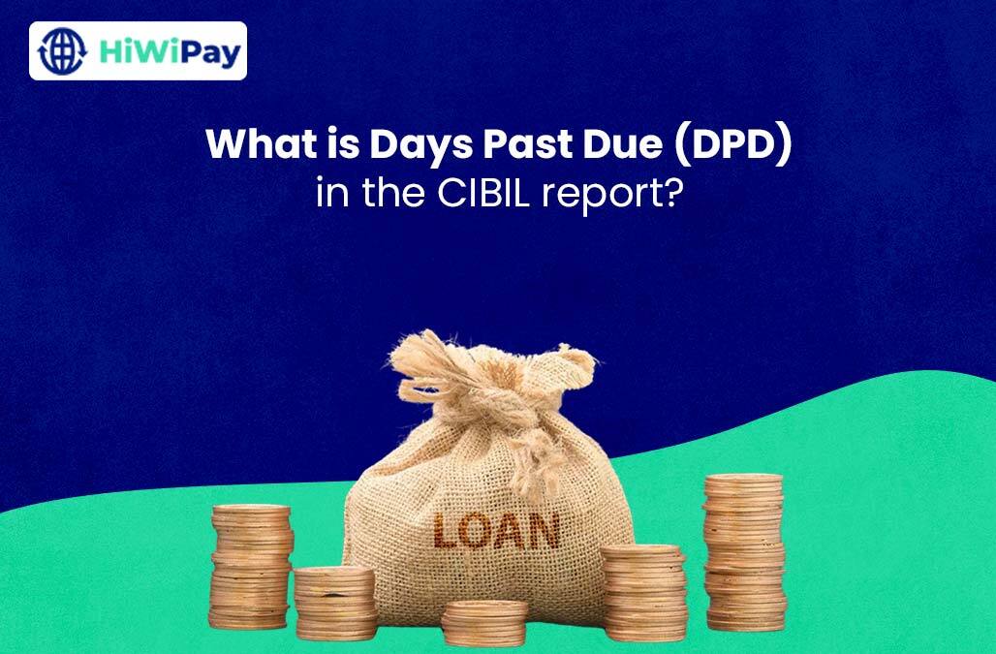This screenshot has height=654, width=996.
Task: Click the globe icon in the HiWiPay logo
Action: [63, 51]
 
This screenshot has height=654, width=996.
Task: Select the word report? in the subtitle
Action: [617, 194]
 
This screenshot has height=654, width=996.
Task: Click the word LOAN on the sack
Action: [497, 530]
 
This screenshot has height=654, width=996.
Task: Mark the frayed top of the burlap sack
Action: [484, 354]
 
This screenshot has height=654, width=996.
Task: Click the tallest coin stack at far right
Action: [744, 551]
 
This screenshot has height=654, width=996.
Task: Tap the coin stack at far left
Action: [251, 567]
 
